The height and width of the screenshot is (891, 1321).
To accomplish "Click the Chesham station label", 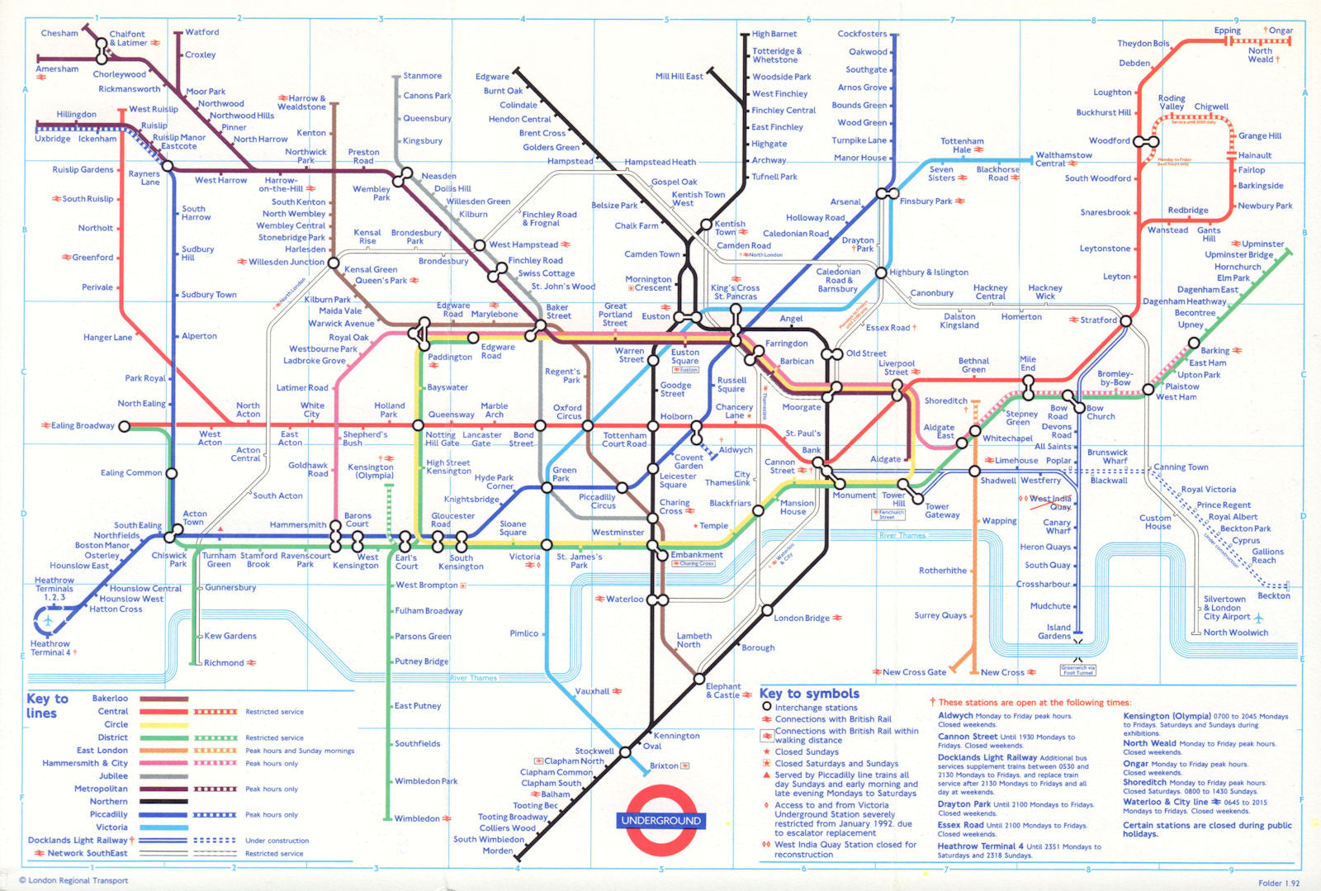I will (59, 33).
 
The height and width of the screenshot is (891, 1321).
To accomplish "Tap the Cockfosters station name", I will (862, 34).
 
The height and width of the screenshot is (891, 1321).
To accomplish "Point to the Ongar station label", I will (1281, 31).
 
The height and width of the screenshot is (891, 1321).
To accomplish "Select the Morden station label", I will (498, 851).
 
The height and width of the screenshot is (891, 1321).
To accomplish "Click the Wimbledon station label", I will (417, 818).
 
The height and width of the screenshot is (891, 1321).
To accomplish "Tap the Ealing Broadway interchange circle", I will (125, 426).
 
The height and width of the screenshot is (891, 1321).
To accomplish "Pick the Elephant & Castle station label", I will (723, 690).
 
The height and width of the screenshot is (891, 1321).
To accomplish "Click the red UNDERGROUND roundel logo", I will (660, 820).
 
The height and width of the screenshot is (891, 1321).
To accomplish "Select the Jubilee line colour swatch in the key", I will (163, 776).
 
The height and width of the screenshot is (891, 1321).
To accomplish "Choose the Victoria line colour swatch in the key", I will (163, 827).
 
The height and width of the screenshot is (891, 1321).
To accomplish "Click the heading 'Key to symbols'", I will (809, 694).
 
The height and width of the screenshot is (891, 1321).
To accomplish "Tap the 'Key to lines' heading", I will (47, 706).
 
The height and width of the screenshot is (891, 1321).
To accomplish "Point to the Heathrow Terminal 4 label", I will (50, 648).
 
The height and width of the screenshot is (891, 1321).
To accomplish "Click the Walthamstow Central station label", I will (1063, 159).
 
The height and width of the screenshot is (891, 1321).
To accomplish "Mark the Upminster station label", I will (1263, 244).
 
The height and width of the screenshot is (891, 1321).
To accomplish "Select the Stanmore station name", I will (422, 76).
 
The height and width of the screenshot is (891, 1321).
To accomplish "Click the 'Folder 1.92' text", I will (1278, 883).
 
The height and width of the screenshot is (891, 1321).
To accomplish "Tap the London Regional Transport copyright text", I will (74, 880).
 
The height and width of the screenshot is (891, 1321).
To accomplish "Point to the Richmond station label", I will (224, 662).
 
